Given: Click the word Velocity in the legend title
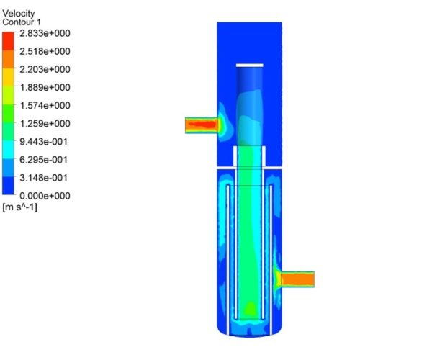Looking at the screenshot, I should pos(18,13).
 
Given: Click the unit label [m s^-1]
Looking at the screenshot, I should pos(20,207).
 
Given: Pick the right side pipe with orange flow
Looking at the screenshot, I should pos(297,279).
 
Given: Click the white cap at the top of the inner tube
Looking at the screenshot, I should pos(250,66).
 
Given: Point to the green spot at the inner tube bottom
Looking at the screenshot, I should pos(250,309).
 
